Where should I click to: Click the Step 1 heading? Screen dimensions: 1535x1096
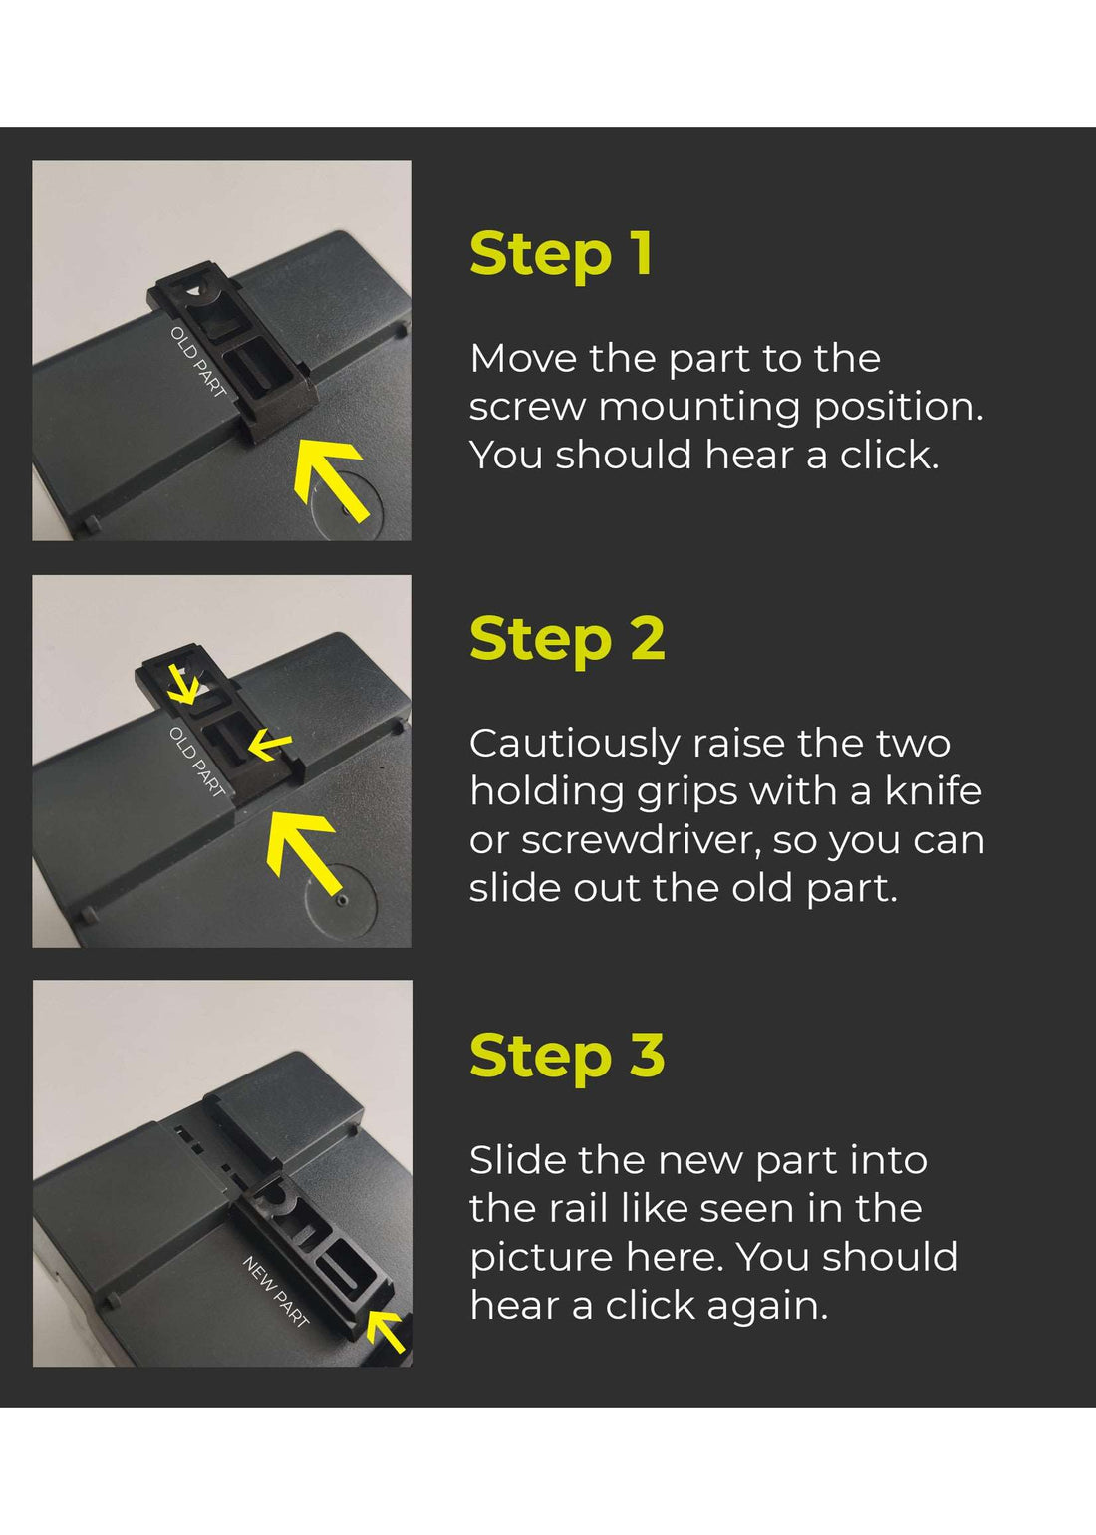[561, 254]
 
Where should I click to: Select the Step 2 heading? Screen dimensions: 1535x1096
[566, 639]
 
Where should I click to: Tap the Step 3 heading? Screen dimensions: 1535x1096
[566, 1056]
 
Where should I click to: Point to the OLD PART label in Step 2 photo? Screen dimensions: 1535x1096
[196, 762]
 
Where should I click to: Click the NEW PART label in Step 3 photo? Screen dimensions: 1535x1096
[276, 1291]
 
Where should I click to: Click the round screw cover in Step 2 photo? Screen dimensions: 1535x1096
[342, 899]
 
